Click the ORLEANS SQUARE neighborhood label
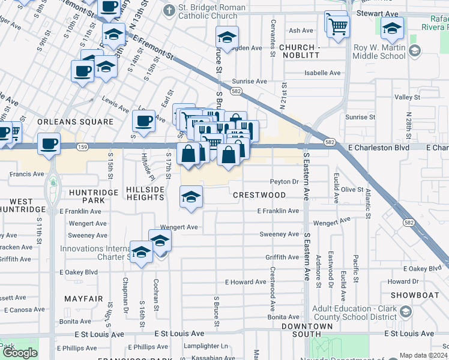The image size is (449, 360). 75,122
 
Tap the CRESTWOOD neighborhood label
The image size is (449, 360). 259,195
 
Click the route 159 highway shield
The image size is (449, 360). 83,146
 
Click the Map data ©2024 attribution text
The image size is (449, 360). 423,355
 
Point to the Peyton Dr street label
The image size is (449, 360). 284,181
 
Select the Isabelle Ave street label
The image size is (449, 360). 322,73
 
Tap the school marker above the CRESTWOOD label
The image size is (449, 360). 191,197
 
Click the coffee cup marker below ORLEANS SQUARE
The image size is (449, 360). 49,144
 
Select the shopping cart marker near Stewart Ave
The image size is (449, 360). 337,25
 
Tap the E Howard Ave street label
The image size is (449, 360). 246,282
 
